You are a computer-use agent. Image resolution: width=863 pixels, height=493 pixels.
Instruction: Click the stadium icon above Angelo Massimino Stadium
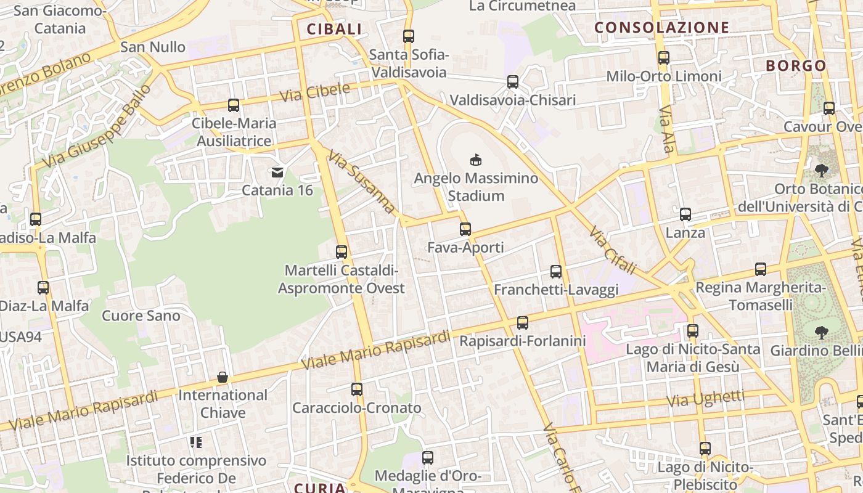tap(475, 160)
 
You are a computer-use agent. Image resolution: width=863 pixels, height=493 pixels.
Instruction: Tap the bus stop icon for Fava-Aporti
tap(465, 229)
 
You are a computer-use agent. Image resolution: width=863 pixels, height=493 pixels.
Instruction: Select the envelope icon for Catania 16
tap(277, 172)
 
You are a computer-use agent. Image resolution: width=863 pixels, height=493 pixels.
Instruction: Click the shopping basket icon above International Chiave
tap(223, 377)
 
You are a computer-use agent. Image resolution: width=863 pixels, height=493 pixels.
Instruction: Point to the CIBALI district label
tap(334, 29)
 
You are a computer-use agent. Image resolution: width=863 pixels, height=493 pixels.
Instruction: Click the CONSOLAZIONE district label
tap(661, 28)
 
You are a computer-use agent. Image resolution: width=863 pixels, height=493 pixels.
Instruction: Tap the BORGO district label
tap(796, 66)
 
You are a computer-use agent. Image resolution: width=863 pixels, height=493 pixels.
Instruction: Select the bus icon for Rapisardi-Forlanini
tap(523, 322)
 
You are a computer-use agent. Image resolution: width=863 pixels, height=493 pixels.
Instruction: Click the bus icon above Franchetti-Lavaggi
tap(556, 271)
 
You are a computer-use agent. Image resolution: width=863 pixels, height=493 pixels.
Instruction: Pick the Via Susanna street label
tap(361, 182)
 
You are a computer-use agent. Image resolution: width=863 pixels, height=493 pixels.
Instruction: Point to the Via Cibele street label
tap(315, 93)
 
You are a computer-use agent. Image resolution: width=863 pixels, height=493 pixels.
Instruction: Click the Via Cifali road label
tap(611, 250)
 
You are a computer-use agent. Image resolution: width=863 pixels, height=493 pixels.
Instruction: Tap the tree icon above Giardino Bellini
tap(820, 333)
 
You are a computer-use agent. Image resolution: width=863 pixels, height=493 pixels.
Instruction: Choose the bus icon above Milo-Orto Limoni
tap(664, 58)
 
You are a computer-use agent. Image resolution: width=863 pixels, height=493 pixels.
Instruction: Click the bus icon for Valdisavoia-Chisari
tap(513, 82)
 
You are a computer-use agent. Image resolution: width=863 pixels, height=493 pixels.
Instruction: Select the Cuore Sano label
tap(141, 316)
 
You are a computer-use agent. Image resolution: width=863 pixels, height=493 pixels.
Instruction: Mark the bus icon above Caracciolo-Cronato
tap(357, 389)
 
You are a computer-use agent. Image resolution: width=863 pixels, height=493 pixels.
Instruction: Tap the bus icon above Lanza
tap(685, 214)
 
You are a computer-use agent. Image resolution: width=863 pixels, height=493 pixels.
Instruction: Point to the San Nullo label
tap(153, 47)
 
